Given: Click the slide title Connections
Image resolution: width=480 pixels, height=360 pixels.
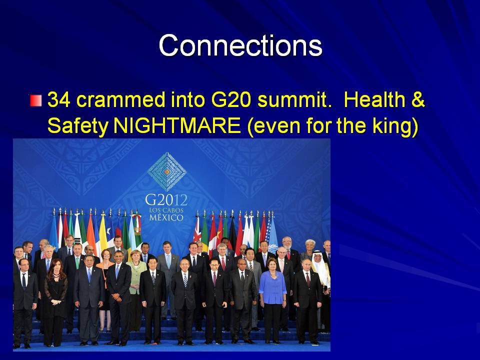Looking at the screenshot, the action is click(x=240, y=45).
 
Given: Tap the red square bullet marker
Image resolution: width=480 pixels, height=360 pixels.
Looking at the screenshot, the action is click(x=36, y=100).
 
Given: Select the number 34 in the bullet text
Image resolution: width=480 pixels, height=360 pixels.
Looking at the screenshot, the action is click(x=59, y=100).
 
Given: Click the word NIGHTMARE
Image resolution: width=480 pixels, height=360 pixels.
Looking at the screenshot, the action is click(x=177, y=125).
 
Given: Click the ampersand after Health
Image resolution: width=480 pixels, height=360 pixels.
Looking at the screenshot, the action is click(x=418, y=100).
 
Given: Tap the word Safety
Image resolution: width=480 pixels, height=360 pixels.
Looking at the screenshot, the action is click(x=78, y=126).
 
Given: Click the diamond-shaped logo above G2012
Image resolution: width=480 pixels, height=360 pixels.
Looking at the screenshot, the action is click(x=167, y=171).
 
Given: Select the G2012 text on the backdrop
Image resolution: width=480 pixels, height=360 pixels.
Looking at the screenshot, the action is click(x=166, y=200).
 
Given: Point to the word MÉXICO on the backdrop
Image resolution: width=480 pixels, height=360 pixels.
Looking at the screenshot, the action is click(x=166, y=217).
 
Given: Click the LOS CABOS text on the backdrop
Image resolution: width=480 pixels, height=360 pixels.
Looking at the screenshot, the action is click(x=166, y=210).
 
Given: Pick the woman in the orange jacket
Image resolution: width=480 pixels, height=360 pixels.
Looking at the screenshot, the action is click(x=105, y=288).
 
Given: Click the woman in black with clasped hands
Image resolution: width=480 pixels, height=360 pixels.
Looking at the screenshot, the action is click(x=55, y=301).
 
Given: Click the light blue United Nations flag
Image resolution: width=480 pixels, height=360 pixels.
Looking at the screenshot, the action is click(x=273, y=234).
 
